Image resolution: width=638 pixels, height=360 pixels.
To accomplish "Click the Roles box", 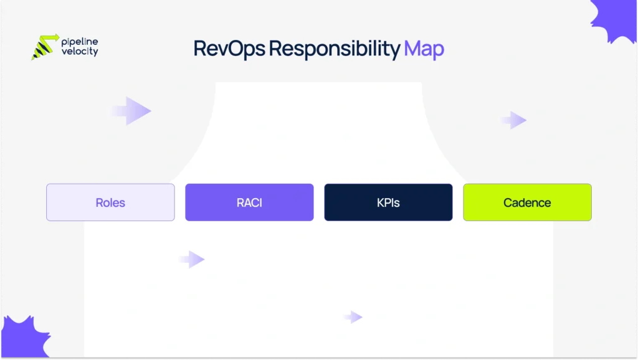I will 110,202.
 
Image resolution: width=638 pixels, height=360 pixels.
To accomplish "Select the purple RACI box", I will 249,202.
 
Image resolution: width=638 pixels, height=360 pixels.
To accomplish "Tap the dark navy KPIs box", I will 388,202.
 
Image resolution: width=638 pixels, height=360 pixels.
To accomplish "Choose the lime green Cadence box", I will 527,202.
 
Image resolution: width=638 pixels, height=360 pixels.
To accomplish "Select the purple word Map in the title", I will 424,49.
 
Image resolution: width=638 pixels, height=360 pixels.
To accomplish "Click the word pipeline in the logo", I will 80,42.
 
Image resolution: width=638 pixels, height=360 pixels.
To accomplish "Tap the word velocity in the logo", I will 80,52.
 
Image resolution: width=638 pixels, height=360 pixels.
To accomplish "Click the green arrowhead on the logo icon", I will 55,37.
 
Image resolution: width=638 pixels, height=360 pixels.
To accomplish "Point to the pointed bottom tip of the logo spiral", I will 34,59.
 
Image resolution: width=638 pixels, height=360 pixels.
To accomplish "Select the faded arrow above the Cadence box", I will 516,120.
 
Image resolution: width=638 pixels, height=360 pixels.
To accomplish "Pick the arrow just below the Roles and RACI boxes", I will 194,259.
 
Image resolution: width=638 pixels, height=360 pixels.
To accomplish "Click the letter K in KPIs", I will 380,202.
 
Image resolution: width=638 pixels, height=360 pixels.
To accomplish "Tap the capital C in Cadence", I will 508,202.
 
